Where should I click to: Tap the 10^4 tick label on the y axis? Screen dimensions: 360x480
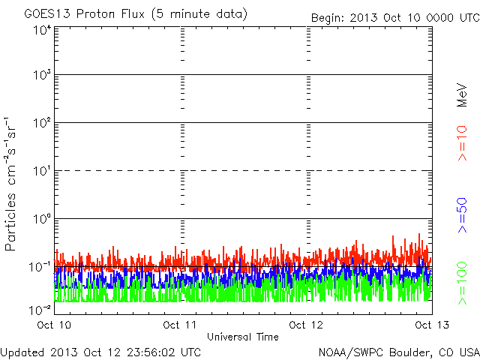pyautogui.click(x=42, y=30)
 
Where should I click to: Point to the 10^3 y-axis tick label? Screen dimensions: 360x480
pyautogui.click(x=42, y=76)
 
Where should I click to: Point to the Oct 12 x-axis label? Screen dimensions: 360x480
pyautogui.click(x=307, y=325)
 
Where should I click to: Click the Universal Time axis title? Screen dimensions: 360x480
pyautogui.click(x=243, y=337)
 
